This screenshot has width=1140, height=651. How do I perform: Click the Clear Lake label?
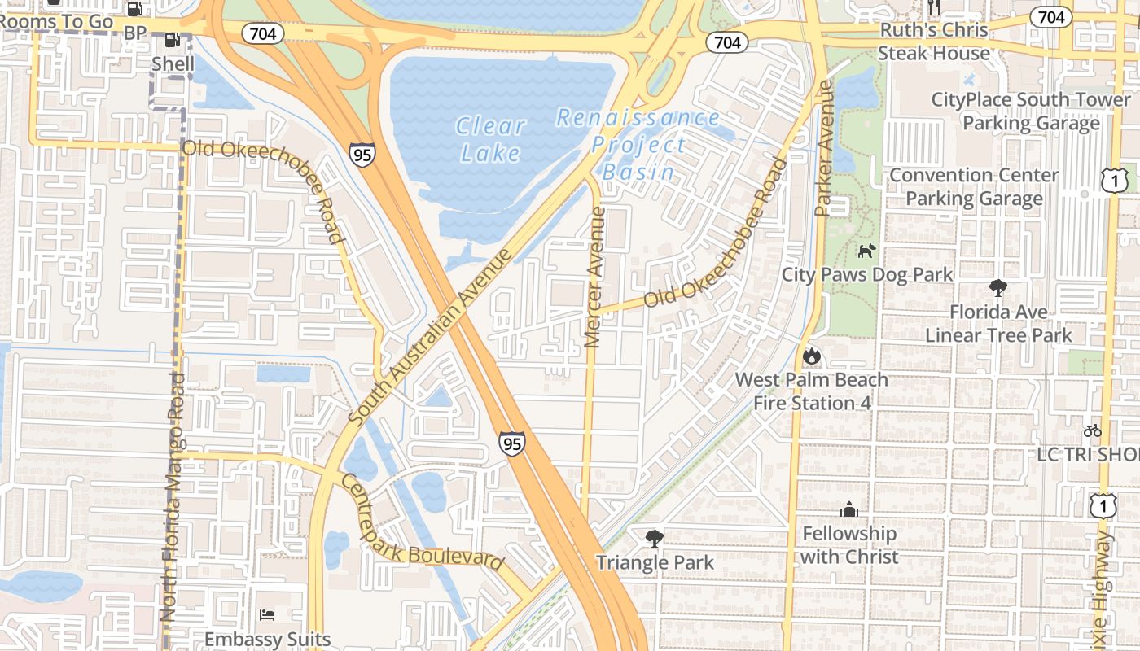click(490, 139)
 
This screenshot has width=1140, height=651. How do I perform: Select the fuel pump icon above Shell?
click(172, 39)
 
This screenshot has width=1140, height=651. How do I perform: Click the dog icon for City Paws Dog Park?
click(866, 251)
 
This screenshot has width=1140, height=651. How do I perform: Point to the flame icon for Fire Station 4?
click(811, 356)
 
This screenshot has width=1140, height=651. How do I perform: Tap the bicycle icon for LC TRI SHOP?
click(1093, 430)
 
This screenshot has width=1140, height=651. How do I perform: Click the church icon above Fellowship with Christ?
click(848, 509)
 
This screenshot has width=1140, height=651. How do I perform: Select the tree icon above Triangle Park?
click(654, 538)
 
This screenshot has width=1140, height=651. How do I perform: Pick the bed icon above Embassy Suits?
click(267, 614)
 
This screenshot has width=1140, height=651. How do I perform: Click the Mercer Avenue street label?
click(595, 277)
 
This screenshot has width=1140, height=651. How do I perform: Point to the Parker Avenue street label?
click(824, 148)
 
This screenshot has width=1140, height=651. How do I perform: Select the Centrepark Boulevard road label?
click(421, 523)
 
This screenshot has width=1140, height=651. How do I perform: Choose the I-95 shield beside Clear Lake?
click(362, 155)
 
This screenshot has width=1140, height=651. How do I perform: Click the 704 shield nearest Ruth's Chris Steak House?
click(1050, 16)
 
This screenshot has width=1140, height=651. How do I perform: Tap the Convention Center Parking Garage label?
click(974, 187)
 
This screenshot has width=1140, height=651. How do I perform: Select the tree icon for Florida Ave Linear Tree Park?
click(997, 287)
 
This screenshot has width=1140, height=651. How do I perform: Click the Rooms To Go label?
click(56, 22)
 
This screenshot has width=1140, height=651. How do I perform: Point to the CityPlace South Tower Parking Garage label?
click(1031, 111)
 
